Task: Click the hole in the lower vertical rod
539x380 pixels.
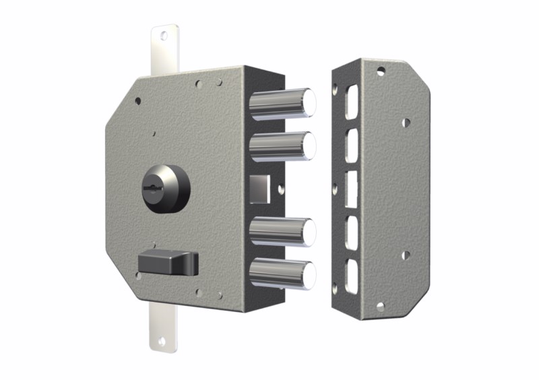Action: [161, 342]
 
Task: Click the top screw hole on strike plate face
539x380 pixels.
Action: [381, 69]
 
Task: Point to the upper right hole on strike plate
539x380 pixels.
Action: [406, 123]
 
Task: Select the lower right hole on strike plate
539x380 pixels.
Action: [406, 255]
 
